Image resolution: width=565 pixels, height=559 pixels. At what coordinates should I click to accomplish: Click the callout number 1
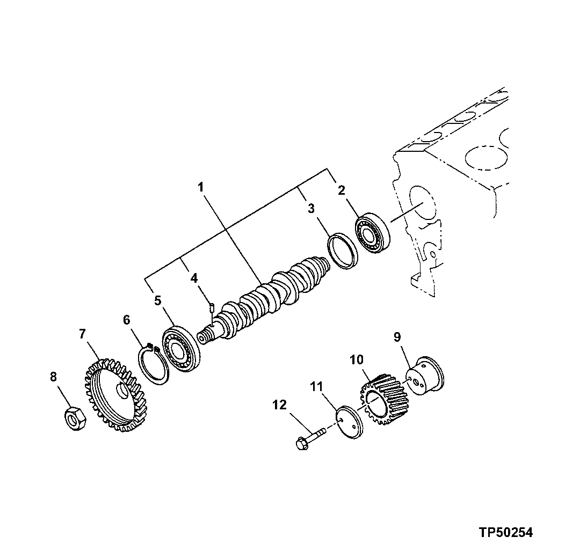[200, 188]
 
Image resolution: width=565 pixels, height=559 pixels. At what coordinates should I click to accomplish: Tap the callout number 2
[342, 189]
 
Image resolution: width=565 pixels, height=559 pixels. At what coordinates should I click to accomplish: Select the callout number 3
[311, 209]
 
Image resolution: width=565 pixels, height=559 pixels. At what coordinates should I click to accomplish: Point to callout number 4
[194, 278]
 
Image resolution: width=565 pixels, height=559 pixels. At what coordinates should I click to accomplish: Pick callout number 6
[126, 320]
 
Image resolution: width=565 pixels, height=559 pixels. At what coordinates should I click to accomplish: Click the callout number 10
[357, 359]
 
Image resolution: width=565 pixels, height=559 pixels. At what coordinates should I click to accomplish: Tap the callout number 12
[280, 406]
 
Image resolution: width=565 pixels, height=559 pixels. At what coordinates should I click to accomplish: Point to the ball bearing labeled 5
[181, 349]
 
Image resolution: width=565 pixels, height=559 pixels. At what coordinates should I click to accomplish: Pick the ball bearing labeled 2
[373, 233]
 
